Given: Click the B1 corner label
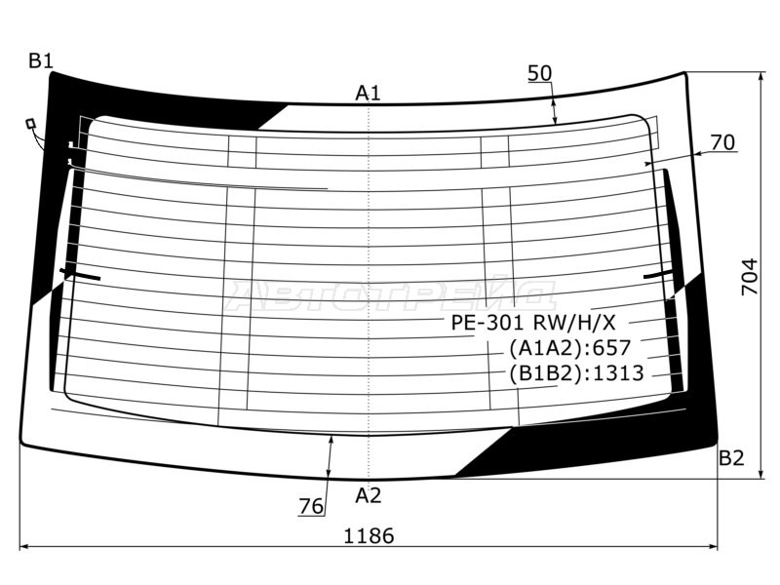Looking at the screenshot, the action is point(41,60).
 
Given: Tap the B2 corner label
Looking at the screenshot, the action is point(731,457).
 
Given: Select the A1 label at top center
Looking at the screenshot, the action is point(369,93).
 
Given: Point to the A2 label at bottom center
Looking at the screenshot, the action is point(369,495).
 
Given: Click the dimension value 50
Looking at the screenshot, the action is point(540,73).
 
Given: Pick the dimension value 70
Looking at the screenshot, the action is point(722,142).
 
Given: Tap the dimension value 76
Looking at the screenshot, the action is point(311,506).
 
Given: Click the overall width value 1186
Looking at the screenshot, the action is point(370,536).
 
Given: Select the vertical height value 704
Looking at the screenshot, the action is point(750,277).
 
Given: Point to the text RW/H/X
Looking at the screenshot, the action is point(574,324).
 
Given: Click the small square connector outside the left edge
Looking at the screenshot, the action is point(31,123).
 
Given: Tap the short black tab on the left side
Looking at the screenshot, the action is point(80,274).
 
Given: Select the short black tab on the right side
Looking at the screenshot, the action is point(659,275).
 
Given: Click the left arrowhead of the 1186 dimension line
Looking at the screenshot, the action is point(22,546).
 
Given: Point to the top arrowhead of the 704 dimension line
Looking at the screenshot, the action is point(761,77).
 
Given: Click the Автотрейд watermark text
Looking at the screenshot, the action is point(391,296).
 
